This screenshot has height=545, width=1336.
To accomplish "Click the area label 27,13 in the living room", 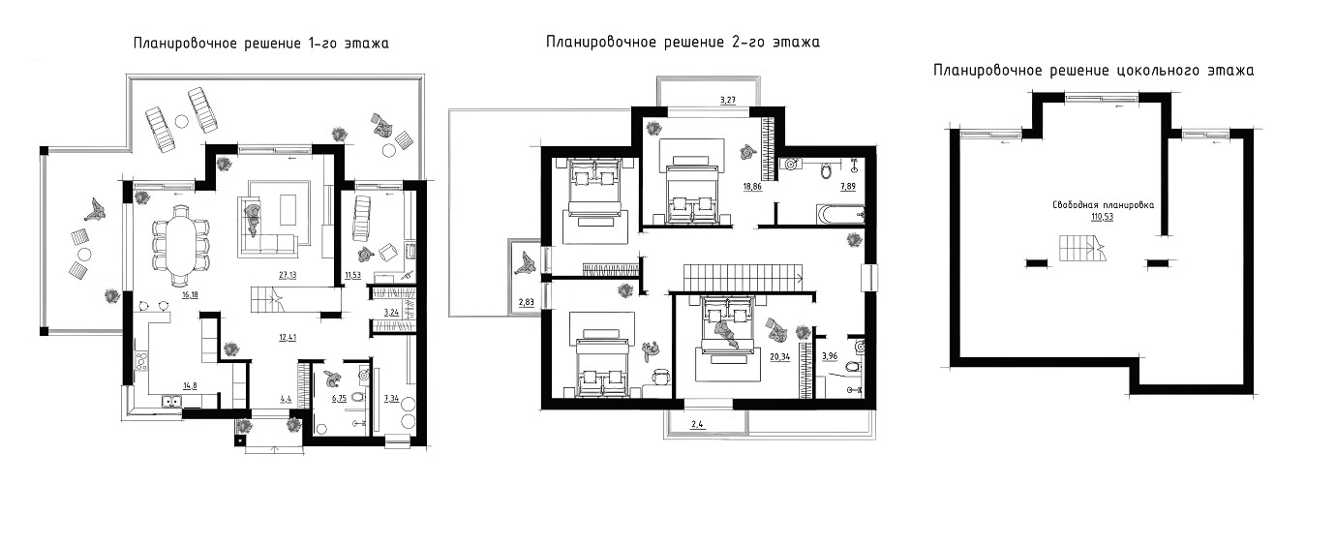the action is (288, 276).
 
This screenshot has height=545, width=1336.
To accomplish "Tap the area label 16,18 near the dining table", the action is (191, 295).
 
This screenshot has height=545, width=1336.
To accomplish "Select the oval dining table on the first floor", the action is (181, 245).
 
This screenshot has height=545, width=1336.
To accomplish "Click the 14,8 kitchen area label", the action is (190, 386).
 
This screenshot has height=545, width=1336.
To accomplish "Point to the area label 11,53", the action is (353, 276).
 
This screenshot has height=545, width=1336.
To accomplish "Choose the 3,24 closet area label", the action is (391, 312).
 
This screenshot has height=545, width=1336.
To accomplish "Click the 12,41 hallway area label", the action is (288, 338).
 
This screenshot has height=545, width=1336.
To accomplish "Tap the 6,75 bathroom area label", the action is (339, 398).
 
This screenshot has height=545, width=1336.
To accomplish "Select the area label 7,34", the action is (391, 398).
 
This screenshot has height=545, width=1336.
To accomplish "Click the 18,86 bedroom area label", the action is (752, 187).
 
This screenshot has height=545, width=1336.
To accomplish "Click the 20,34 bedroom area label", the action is (779, 357).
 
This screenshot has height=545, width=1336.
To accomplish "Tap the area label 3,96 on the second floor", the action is (830, 356).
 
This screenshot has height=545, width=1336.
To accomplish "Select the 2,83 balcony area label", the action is (526, 303).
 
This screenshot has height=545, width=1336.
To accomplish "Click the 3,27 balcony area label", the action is (728, 100).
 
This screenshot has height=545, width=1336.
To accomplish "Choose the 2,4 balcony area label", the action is (697, 425).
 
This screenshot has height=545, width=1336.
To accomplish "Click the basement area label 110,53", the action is (1102, 217).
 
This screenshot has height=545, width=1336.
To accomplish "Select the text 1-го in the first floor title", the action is (323, 44).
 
